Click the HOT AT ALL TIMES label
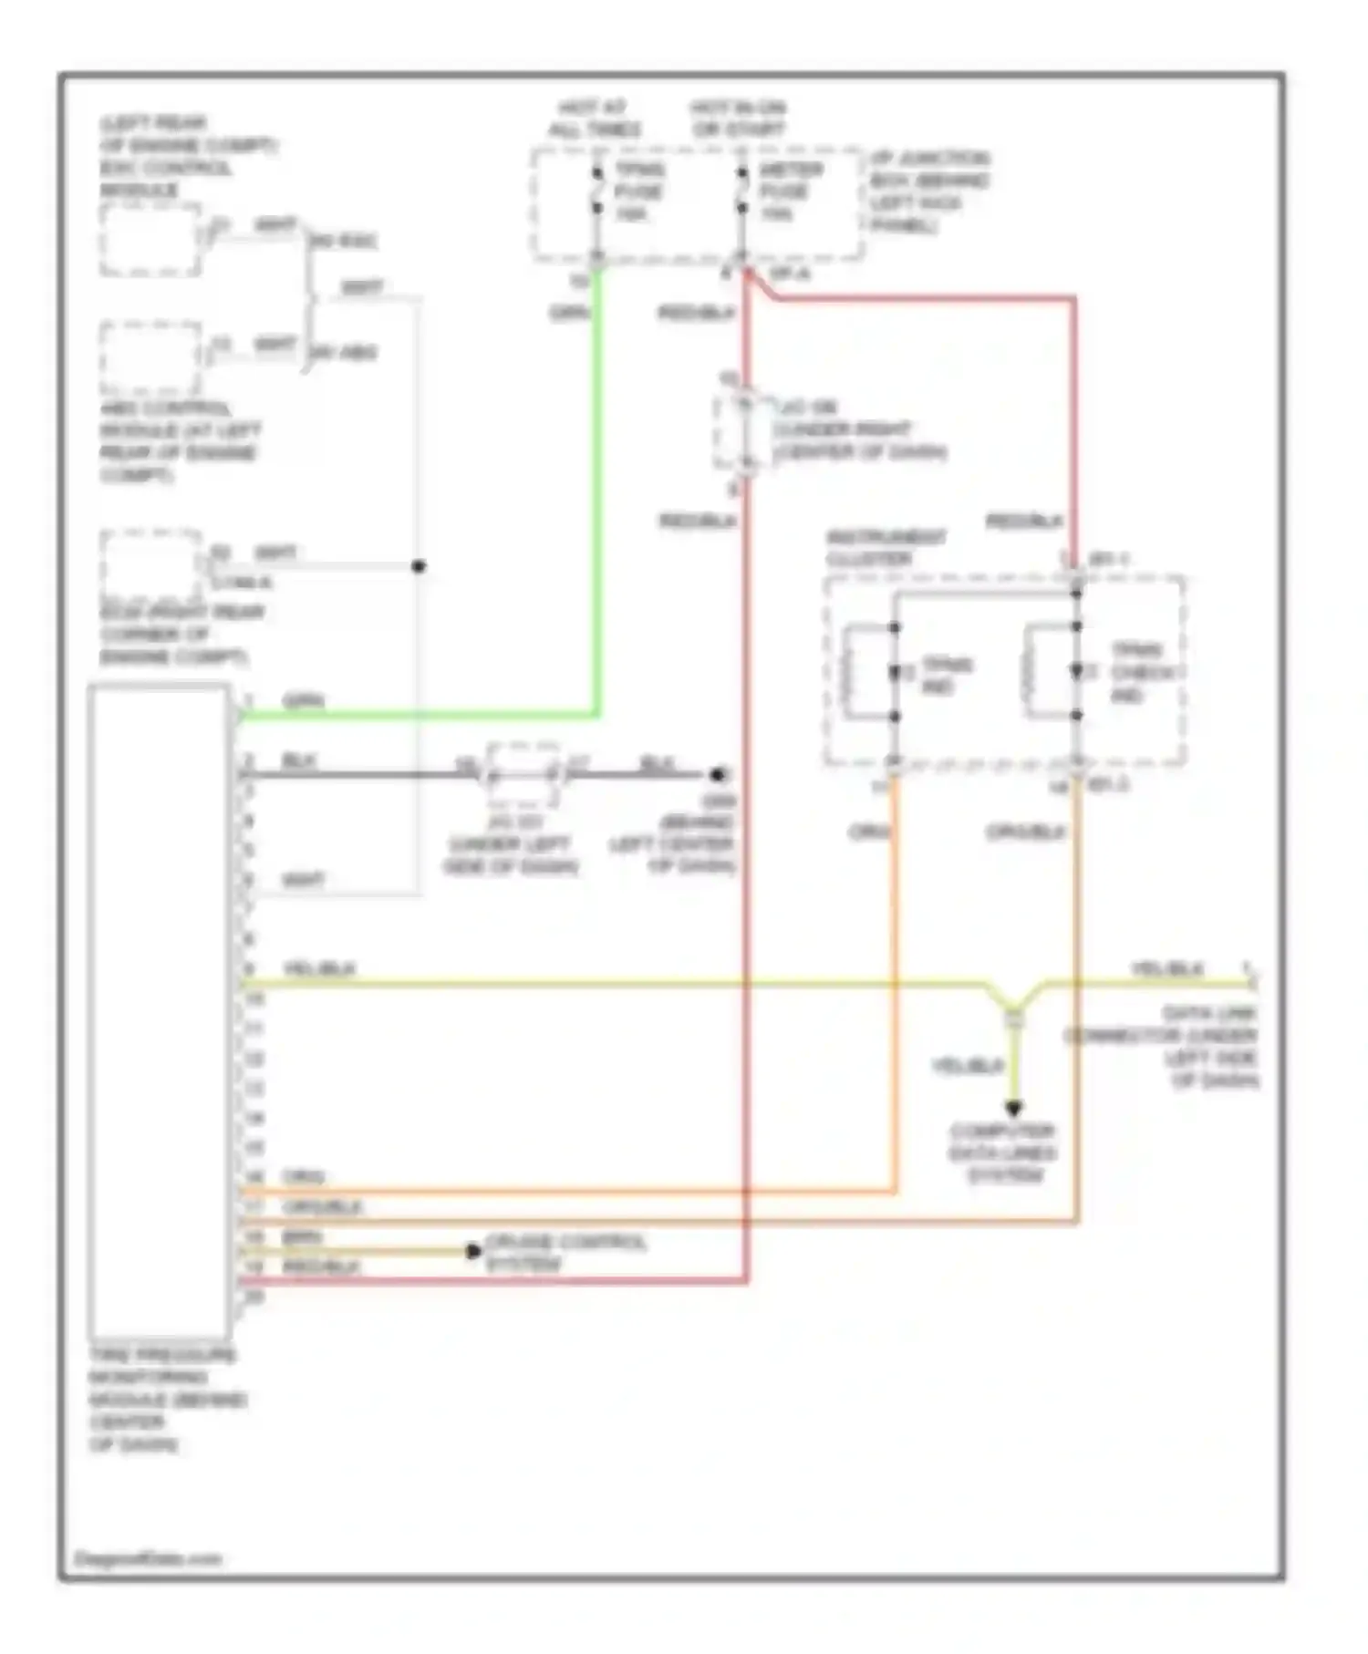(595, 119)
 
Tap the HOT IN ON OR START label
(739, 119)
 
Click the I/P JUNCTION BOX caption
(929, 191)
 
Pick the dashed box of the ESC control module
(150, 240)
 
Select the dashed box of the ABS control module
(150, 357)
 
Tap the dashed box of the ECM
(150, 565)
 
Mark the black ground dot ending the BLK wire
(718, 775)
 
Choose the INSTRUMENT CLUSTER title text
(885, 548)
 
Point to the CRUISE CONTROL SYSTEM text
(565, 1253)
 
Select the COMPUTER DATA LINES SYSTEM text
(1002, 1153)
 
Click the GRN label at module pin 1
(304, 701)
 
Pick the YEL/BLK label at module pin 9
(319, 968)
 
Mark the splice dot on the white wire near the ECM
(419, 566)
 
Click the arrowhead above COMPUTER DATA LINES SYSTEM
(1013, 1109)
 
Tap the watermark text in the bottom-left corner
(148, 1558)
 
